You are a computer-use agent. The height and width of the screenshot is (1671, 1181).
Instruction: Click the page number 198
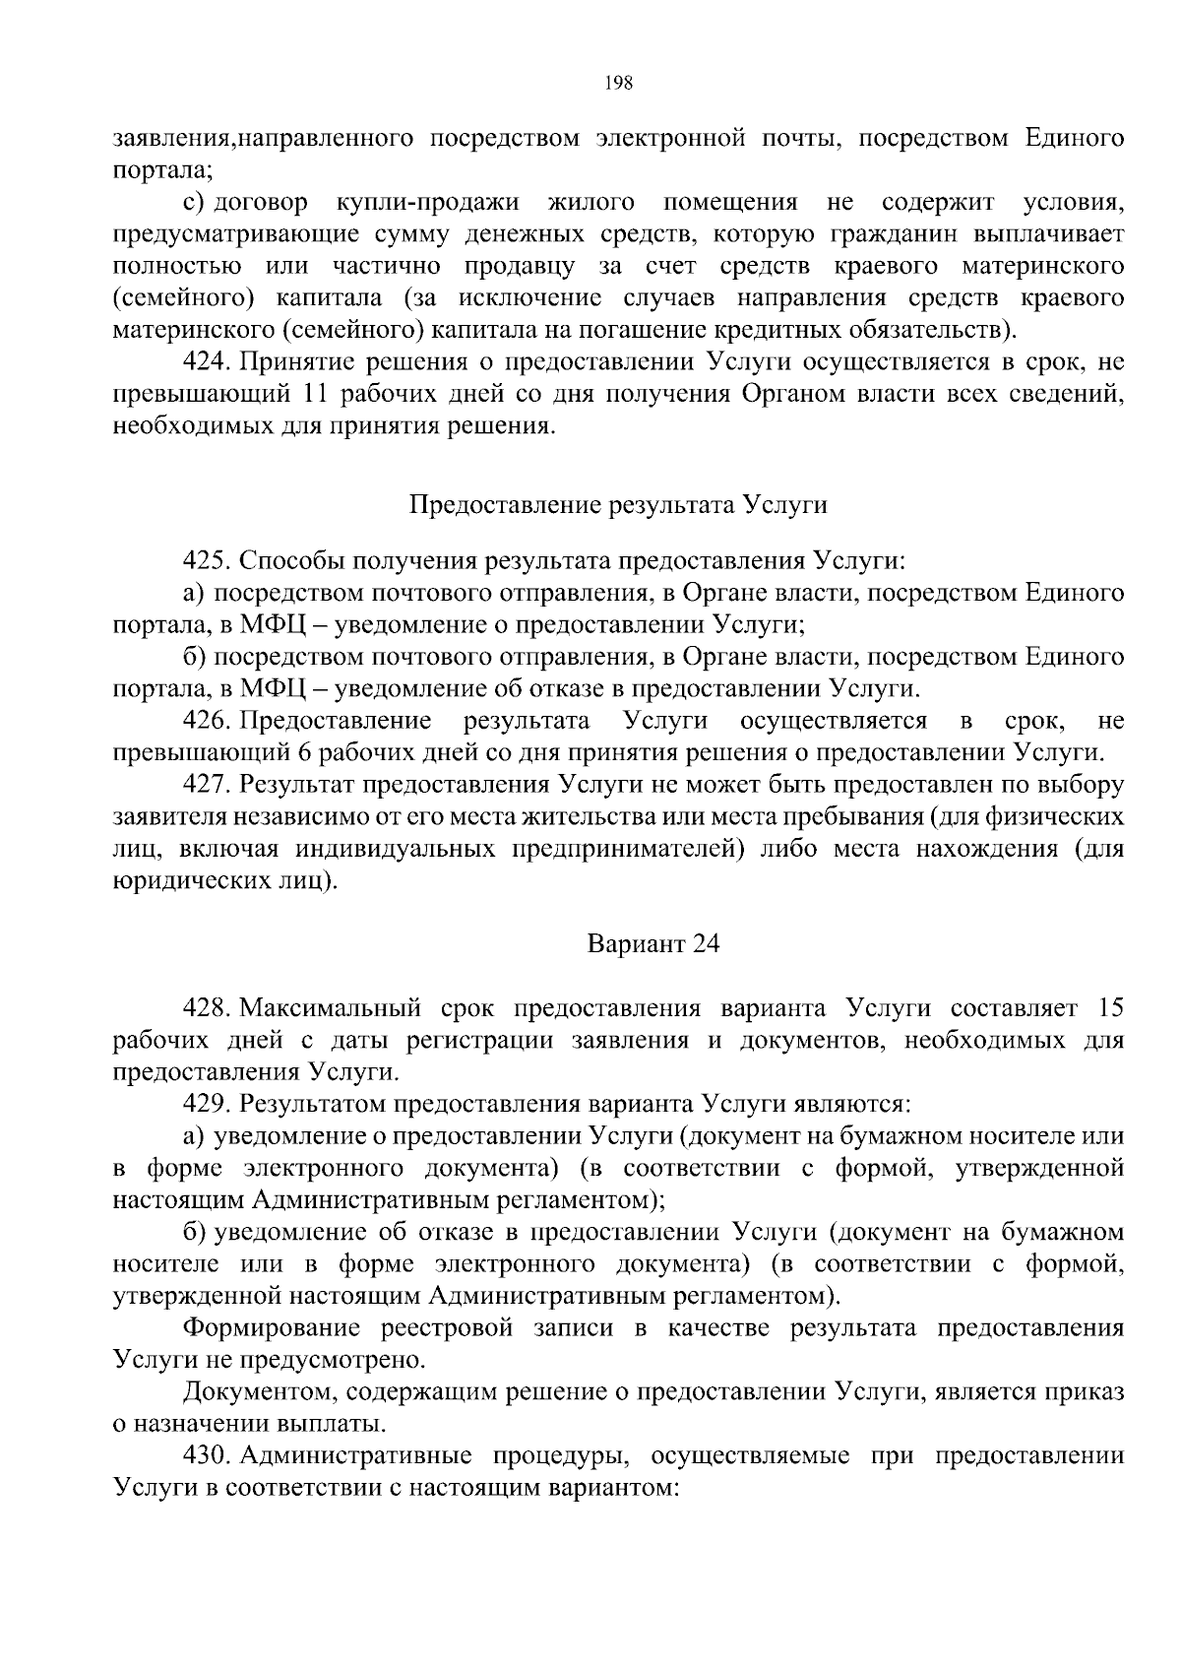click(x=619, y=83)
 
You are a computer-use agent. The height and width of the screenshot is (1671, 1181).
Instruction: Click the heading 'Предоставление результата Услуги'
click(x=618, y=505)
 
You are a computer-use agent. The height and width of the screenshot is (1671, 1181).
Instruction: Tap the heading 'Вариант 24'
click(x=653, y=943)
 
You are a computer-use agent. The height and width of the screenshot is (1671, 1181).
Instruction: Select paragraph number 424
click(x=206, y=362)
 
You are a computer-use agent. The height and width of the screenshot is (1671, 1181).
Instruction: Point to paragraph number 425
click(x=206, y=561)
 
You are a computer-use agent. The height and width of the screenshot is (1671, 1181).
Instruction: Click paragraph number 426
click(x=206, y=721)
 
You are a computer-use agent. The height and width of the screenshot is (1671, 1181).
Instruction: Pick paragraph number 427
click(x=206, y=785)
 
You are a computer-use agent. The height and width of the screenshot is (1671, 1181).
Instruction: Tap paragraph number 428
click(x=206, y=1008)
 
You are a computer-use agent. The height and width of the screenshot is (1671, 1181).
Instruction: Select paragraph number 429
click(x=206, y=1104)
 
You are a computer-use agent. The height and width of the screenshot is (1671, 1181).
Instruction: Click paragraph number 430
click(x=206, y=1454)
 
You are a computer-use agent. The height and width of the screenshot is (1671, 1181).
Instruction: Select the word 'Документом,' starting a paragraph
click(x=259, y=1391)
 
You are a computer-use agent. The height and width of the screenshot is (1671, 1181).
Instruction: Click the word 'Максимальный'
click(x=332, y=1008)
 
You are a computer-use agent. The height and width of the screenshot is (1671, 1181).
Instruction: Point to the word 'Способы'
click(x=287, y=561)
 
